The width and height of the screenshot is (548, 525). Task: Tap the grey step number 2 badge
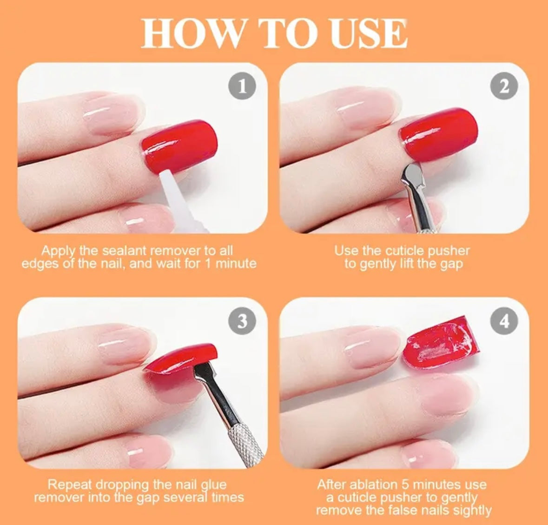pos(504,86)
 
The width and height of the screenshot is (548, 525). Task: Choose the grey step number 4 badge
pos(504,321)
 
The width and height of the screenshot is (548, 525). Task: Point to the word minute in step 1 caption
pos(236,263)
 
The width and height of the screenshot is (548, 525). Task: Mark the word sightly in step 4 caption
pos(472,511)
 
